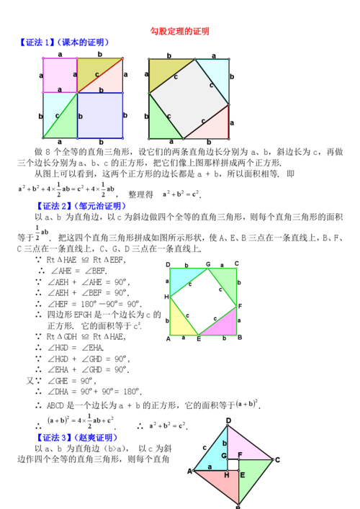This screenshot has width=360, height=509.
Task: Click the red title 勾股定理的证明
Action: pyautogui.click(x=179, y=31)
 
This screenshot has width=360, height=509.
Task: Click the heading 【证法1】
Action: pyautogui.click(x=37, y=43)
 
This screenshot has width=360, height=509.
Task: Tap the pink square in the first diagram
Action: pyautogui.click(x=59, y=75)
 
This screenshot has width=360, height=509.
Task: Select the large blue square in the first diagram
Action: pyautogui.click(x=99, y=114)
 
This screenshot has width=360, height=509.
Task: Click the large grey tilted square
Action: pyautogui.click(x=189, y=97)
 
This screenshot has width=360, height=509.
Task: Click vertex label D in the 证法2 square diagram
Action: pyautogui.click(x=168, y=265)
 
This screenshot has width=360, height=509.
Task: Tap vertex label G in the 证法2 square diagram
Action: pyautogui.click(x=208, y=265)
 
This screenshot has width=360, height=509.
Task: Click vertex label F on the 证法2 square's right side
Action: pyautogui.click(x=240, y=306)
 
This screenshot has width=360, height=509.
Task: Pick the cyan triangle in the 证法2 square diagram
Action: pyautogui.click(x=183, y=278)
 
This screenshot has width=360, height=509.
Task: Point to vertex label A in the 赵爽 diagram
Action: pyautogui.click(x=191, y=472)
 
